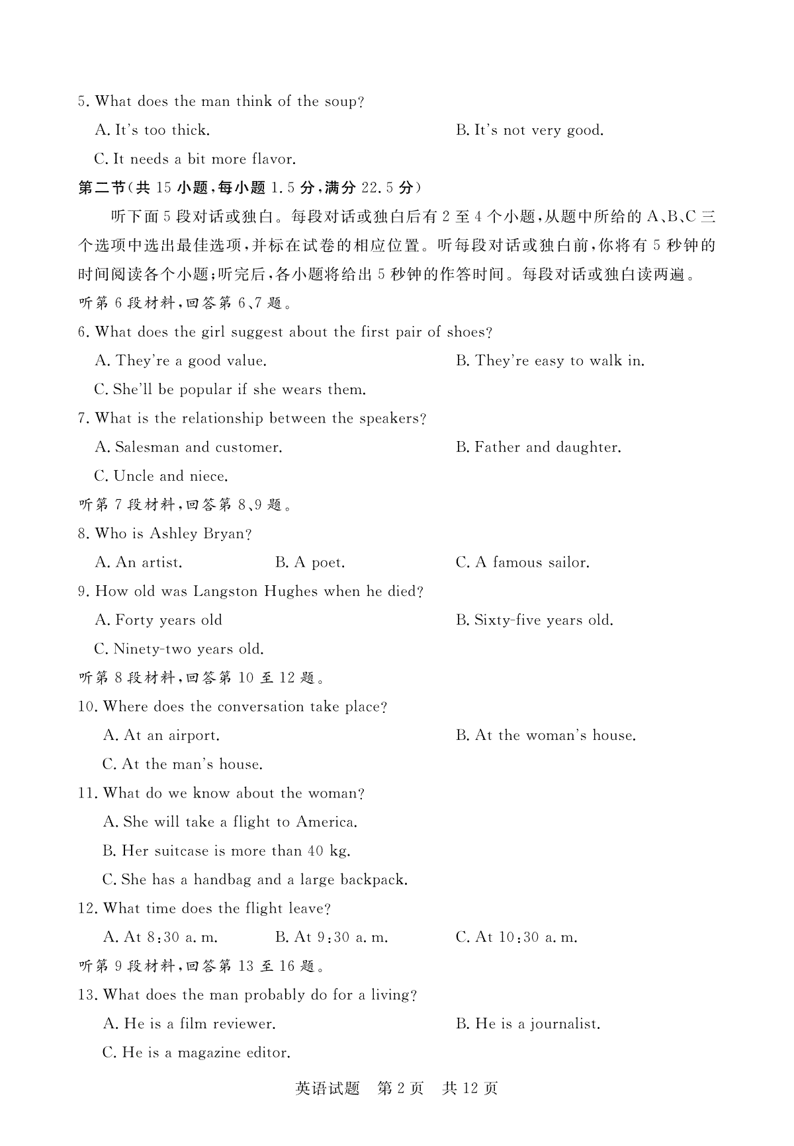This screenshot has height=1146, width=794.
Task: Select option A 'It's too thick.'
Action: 152,130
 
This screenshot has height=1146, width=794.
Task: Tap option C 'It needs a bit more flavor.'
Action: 195,159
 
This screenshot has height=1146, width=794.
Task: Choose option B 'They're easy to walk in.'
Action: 550,361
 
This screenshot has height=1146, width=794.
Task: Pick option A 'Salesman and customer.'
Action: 189,448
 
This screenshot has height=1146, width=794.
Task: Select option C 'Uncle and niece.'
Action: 161,476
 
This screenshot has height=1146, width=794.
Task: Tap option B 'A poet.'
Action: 310,563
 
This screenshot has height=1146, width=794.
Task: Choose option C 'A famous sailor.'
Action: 522,563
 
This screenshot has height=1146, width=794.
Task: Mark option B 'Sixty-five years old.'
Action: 535,620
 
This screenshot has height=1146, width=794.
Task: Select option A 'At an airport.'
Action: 161,735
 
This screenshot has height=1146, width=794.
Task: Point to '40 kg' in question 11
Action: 329,851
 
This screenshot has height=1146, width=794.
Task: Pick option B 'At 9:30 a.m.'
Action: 331,937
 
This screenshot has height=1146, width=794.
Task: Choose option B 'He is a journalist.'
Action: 528,1024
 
